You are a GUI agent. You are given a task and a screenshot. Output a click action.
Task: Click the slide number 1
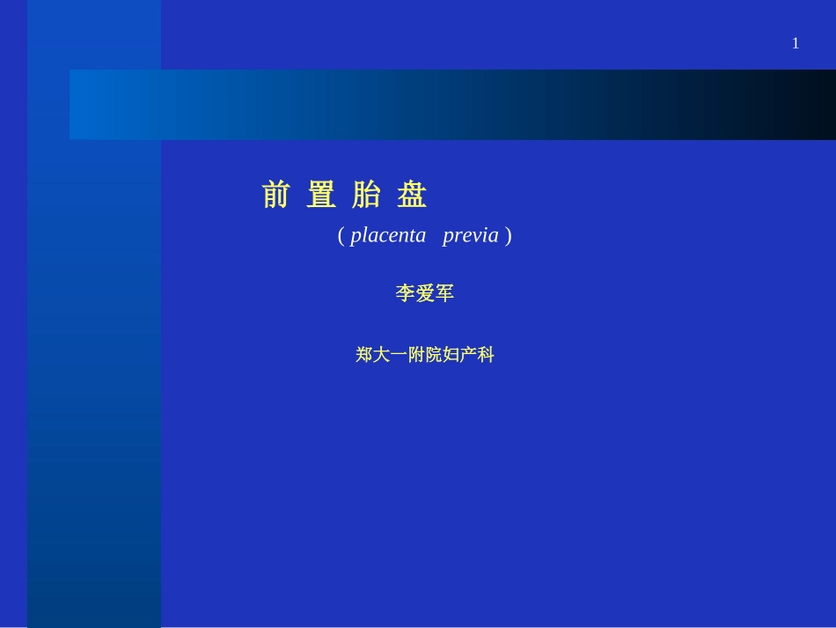click(x=796, y=43)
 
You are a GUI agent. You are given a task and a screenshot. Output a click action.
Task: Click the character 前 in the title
click(x=275, y=195)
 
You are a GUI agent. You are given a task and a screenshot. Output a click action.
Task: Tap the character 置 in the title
click(x=321, y=195)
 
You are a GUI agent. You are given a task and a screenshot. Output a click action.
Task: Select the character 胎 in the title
click(x=366, y=195)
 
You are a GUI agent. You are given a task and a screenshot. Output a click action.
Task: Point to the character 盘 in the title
click(x=412, y=195)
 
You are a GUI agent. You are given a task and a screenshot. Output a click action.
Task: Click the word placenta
click(x=388, y=236)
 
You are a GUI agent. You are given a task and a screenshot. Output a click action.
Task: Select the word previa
click(x=471, y=236)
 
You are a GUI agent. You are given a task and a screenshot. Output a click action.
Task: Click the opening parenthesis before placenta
click(x=341, y=236)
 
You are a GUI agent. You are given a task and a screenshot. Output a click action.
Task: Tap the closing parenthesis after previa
click(x=509, y=236)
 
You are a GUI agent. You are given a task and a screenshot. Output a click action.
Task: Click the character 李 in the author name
click(x=405, y=294)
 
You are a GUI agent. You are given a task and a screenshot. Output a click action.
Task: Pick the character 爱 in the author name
click(x=425, y=294)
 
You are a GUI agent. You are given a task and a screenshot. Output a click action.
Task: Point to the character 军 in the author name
click(x=445, y=294)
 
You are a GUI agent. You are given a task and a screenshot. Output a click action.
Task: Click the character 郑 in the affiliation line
click(x=365, y=355)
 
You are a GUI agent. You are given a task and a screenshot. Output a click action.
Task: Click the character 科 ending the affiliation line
click(x=486, y=355)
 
